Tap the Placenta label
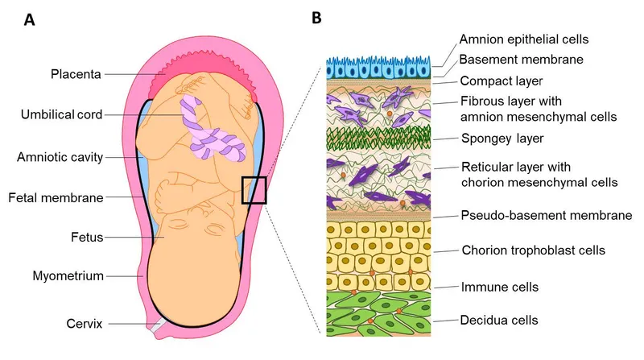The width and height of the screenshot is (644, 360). point(75,75)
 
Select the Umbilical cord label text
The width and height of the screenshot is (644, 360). point(61,114)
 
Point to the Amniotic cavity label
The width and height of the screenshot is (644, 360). point(60,157)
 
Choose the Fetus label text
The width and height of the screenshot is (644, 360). point(85,238)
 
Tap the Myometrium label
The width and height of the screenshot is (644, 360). point(69,276)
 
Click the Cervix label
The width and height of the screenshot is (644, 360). point(85,325)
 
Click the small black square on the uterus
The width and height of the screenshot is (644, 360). point(254,190)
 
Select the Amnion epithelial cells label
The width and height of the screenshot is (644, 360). point(523,39)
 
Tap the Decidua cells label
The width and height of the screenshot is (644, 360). point(498,321)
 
